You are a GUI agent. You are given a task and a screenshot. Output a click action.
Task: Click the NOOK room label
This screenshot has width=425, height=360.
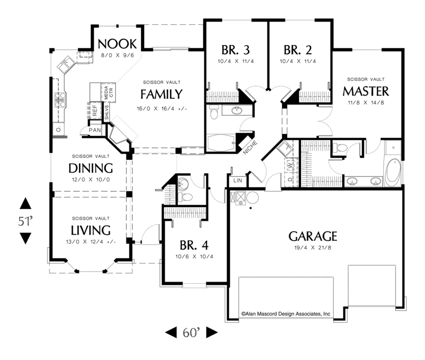coord(117,44)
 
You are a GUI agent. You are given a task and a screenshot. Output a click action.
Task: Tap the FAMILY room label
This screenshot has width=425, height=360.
coord(161,94)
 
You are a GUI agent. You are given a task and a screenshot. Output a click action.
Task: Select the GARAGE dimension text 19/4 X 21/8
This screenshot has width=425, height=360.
coord(313,247)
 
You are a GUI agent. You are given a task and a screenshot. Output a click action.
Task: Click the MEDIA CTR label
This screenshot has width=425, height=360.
coord(108,92)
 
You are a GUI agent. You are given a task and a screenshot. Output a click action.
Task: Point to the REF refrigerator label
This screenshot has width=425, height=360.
coord(95,110)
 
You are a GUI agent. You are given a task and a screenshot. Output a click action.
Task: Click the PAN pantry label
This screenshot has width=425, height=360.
coord(95,130)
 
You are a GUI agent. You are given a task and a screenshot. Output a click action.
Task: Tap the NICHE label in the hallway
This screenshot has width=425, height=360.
coord(250,148)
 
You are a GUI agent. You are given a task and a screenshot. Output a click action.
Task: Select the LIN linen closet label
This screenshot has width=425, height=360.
coord(238,181)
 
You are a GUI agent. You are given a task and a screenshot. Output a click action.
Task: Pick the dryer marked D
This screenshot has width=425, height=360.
coord(290,179)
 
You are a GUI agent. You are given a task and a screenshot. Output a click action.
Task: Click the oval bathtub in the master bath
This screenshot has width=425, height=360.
coord(393,171)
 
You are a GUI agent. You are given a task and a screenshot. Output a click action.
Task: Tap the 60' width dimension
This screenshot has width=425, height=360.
coord(191,332)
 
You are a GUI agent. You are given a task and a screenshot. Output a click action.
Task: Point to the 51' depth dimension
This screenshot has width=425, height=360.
coord(25,221)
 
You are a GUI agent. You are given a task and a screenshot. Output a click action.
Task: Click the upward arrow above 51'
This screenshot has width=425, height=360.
coord(25,203)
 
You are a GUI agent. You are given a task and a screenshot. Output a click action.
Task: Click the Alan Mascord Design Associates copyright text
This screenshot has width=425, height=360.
coord(286,314)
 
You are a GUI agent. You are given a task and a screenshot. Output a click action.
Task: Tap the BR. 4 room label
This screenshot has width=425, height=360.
coord(194,245)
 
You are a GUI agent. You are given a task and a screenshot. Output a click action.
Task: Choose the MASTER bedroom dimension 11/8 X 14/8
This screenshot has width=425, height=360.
coord(366,103)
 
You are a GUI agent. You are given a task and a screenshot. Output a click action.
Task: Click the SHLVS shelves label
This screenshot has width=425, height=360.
coord(107,113)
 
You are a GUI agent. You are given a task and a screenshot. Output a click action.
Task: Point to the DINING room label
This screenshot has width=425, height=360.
coord(90,168)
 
